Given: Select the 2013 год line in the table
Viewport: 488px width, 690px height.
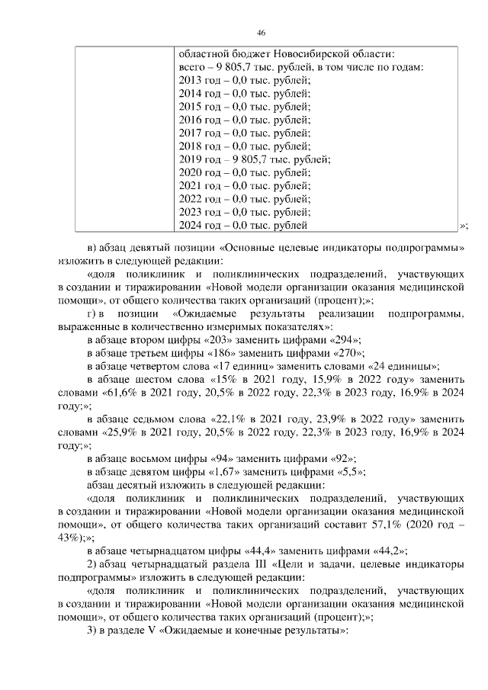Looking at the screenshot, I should pos(244,79).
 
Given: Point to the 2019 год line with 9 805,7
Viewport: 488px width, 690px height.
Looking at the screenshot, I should pos(253,159).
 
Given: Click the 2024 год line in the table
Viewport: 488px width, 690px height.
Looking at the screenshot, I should pos(242,225).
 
